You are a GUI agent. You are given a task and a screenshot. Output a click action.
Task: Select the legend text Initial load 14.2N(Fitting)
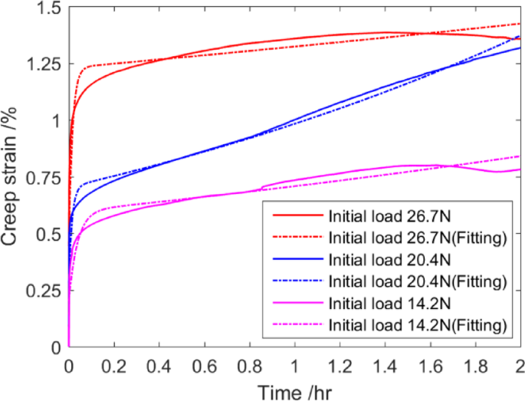[x=418, y=325]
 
